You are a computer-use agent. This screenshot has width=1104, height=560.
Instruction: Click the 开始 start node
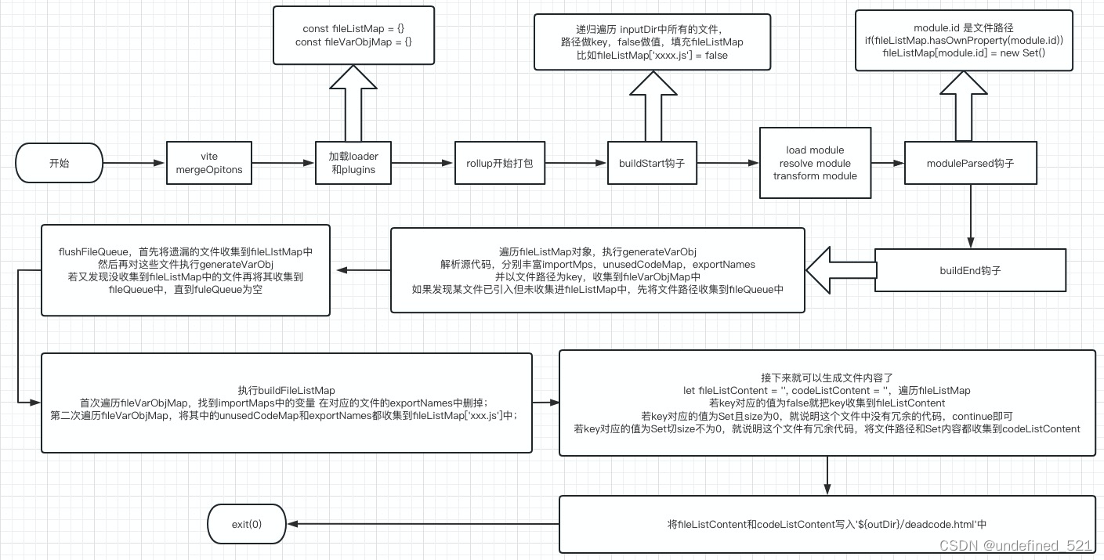59,164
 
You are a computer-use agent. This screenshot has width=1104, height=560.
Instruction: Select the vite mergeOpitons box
208,163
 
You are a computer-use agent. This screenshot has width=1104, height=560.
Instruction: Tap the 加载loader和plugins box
352,163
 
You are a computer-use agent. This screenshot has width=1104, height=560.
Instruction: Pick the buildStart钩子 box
652,163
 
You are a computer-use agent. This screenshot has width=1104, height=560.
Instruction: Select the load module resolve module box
815,163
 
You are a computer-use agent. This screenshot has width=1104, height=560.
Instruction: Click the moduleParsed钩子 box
970,163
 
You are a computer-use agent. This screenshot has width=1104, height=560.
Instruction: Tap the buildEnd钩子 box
970,270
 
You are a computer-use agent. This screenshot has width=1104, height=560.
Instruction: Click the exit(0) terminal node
247,524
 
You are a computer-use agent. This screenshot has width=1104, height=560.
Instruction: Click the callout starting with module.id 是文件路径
964,41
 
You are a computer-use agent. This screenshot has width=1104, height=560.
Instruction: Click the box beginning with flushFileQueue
185,270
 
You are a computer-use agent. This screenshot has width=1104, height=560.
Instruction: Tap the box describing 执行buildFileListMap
286,403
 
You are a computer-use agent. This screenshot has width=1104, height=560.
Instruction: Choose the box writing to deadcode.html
827,524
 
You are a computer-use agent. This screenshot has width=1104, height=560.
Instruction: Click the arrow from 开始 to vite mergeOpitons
134,164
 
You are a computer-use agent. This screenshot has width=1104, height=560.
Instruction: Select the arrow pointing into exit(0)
423,524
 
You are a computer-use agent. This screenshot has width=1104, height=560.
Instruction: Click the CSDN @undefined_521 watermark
1015,546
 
